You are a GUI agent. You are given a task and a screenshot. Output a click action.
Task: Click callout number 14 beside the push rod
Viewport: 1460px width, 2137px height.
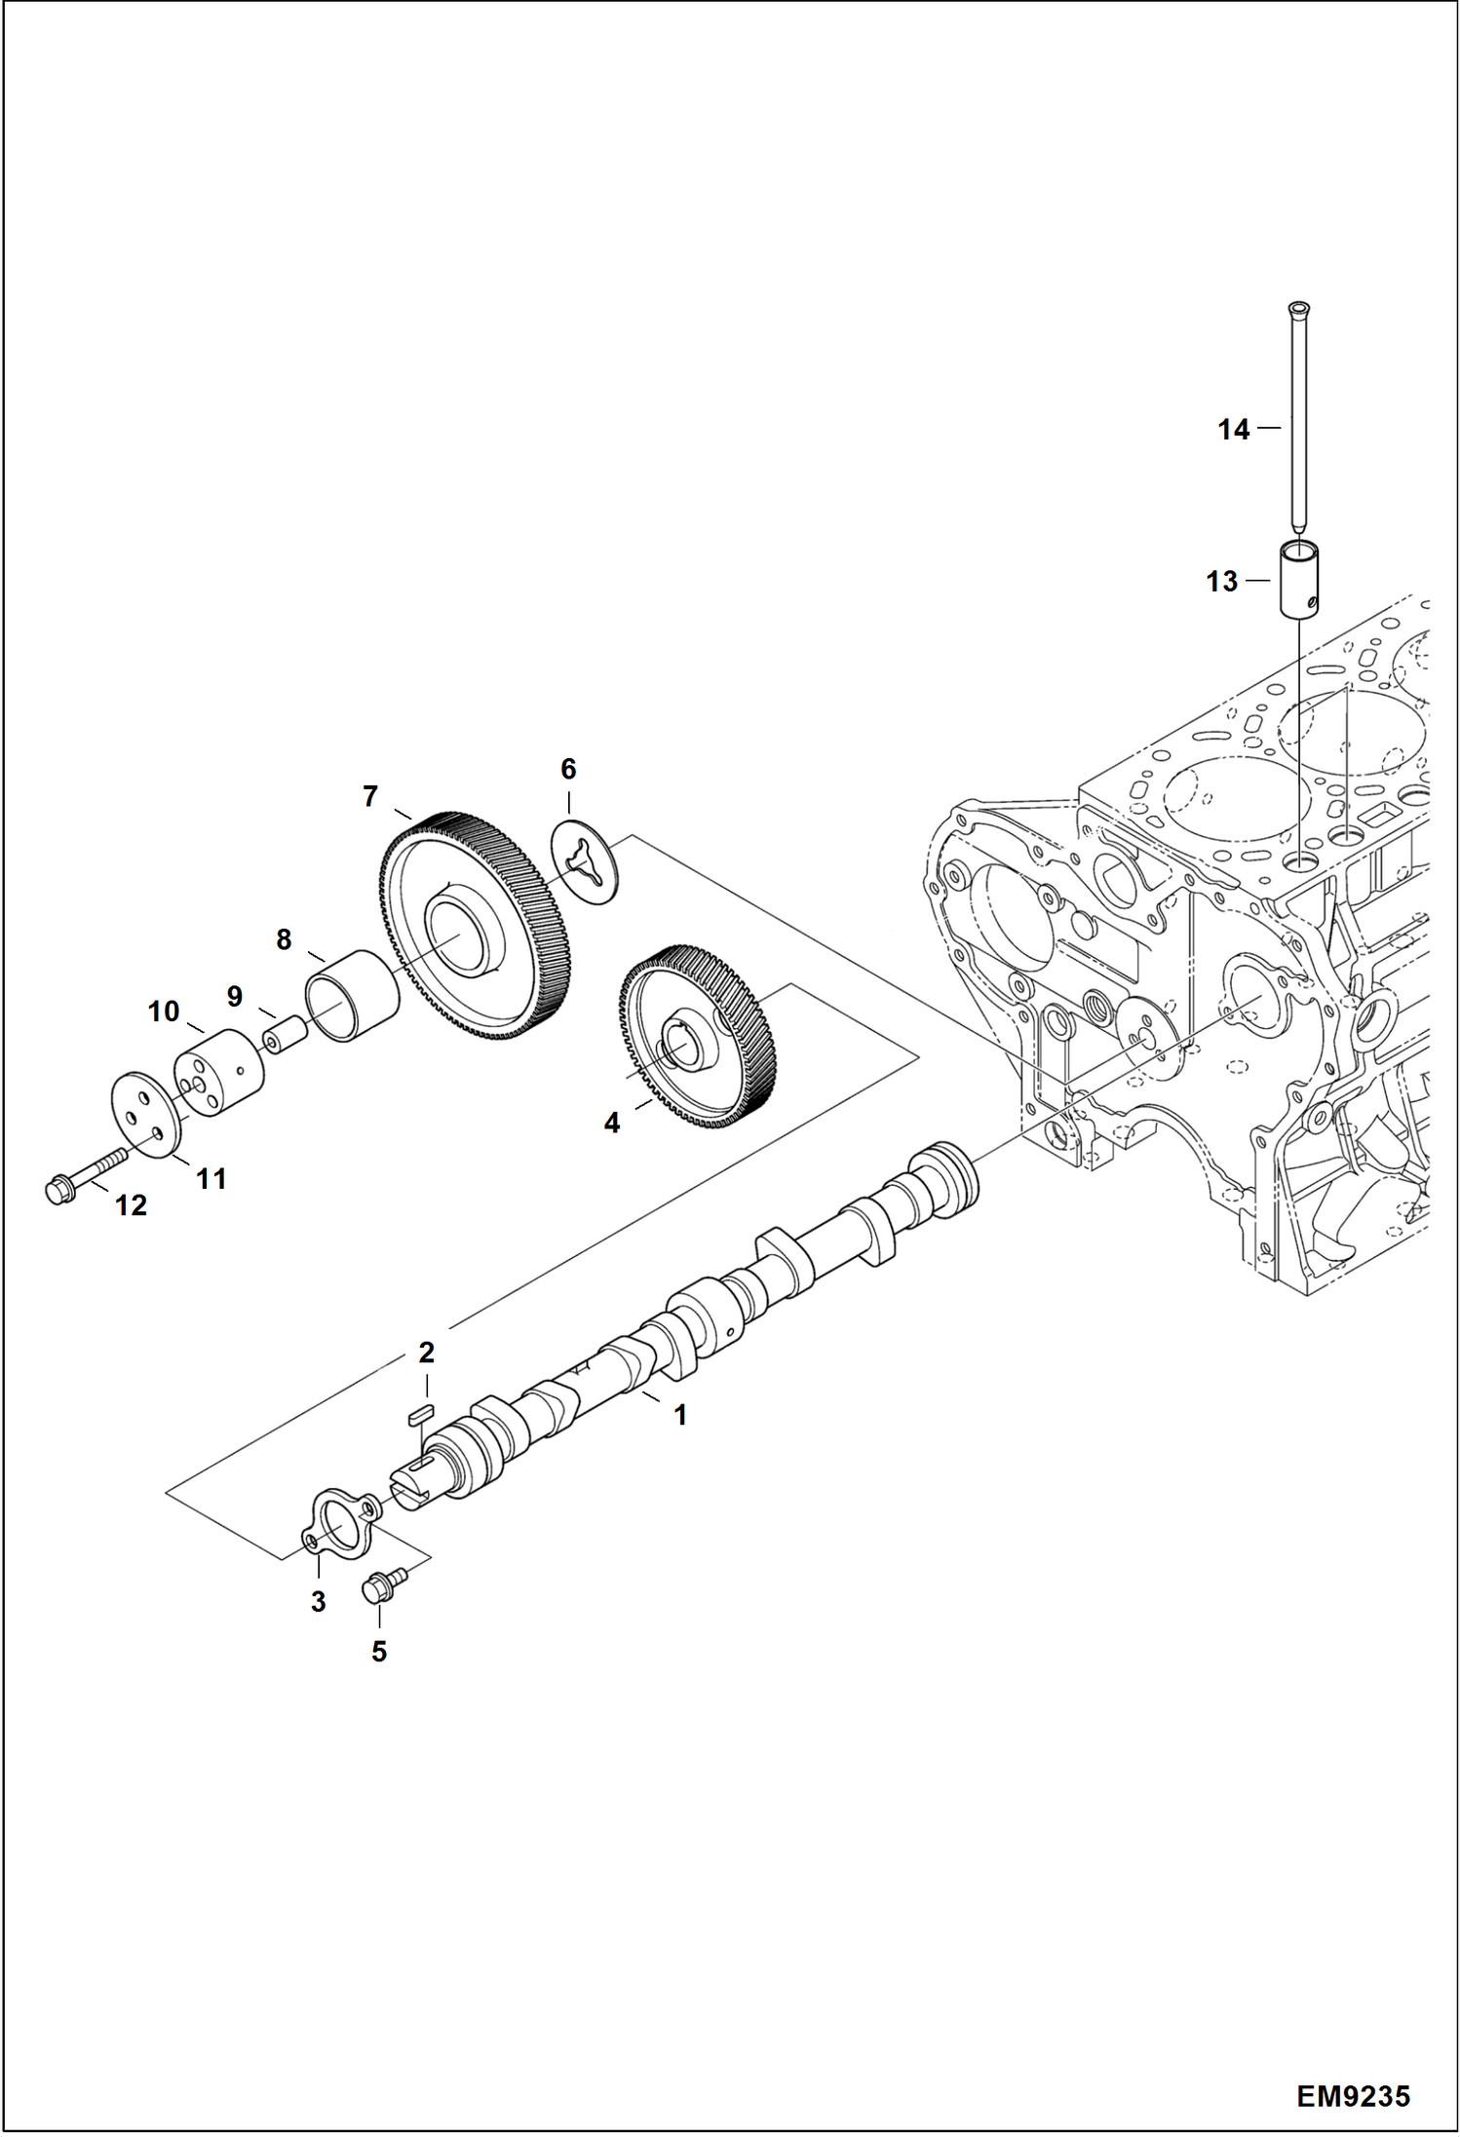click(x=1233, y=429)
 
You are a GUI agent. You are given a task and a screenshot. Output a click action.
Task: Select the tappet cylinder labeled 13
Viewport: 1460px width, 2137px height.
click(x=1298, y=581)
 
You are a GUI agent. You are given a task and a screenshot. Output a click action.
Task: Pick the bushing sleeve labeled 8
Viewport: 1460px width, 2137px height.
click(x=352, y=996)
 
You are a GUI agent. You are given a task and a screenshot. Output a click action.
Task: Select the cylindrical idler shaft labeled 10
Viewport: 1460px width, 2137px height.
click(x=220, y=1075)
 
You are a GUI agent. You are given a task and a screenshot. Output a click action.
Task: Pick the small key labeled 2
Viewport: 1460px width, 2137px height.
click(x=423, y=1414)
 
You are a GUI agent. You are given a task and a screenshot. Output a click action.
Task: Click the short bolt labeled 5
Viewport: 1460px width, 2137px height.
click(x=376, y=1589)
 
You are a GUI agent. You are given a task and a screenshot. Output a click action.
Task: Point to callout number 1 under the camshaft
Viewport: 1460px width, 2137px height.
click(x=680, y=1415)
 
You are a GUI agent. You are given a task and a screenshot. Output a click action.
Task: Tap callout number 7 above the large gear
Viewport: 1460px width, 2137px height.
click(x=370, y=797)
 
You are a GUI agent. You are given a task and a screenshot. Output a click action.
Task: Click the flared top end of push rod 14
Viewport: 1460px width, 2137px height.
click(x=1297, y=310)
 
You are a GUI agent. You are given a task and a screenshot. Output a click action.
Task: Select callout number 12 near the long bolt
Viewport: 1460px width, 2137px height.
click(x=131, y=1205)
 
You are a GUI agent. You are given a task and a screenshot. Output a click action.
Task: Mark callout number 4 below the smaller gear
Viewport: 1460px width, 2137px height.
click(x=611, y=1124)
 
